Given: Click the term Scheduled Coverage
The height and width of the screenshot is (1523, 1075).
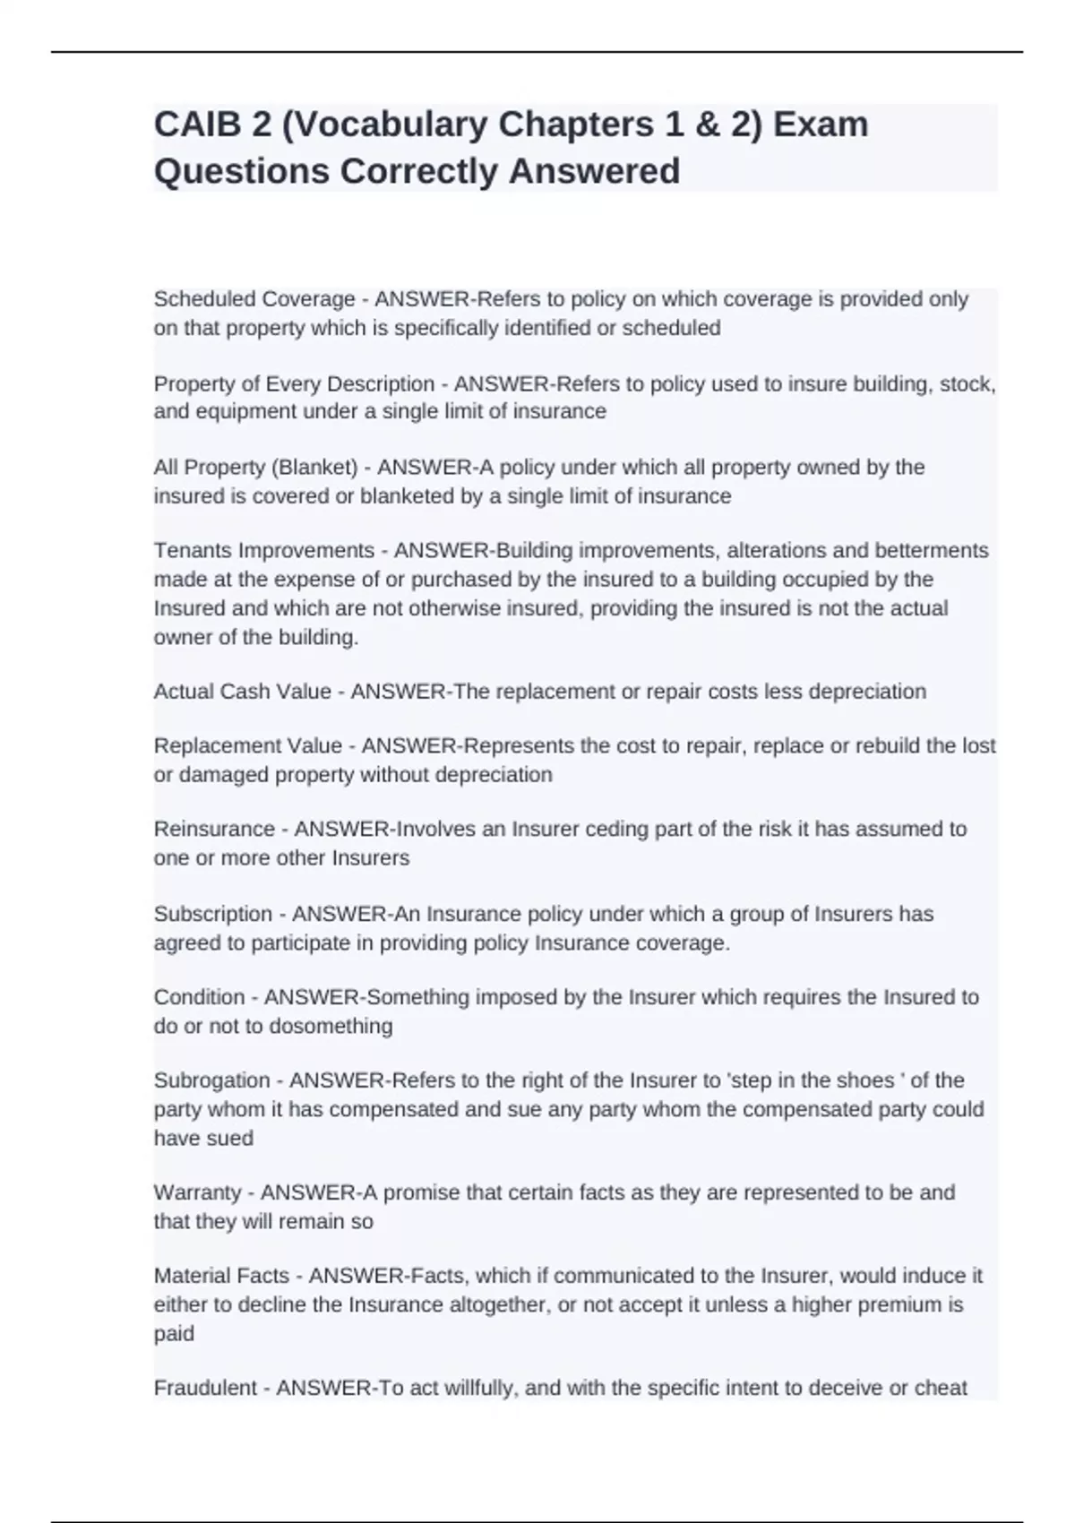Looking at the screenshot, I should [x=254, y=299].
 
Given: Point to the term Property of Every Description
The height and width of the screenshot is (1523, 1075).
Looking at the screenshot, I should [x=294, y=384].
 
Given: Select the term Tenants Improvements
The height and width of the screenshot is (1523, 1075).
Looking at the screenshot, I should [x=263, y=550].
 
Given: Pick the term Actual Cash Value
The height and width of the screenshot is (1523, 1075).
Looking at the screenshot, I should [x=242, y=692].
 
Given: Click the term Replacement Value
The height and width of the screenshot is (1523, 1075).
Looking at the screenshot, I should [x=248, y=746].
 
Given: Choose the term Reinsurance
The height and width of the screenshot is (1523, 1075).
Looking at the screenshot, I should [x=214, y=829].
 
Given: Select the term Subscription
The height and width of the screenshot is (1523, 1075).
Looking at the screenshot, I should [x=212, y=914].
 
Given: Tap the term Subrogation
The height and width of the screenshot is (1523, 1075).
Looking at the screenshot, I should [x=211, y=1080].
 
